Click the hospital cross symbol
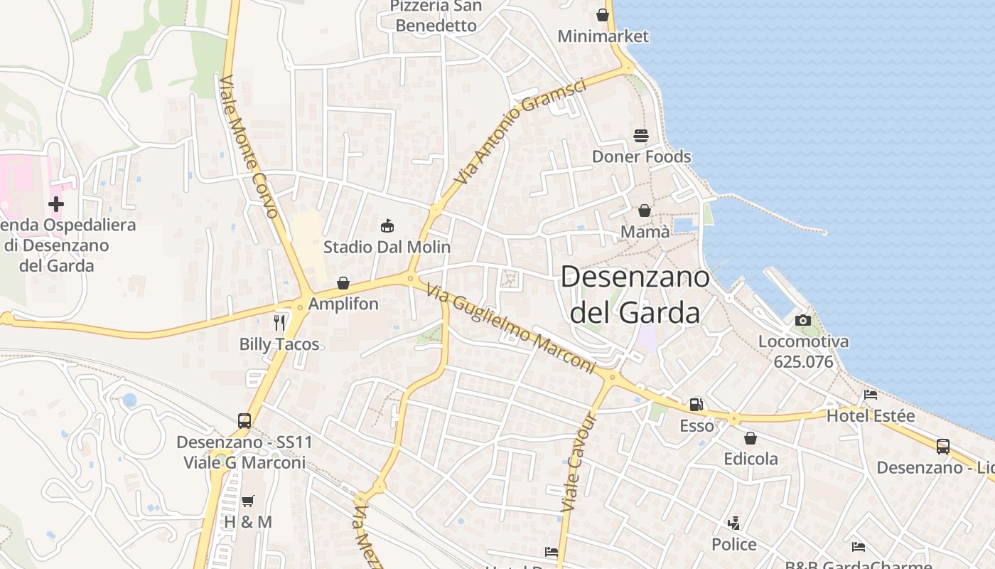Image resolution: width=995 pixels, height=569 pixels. click(55, 204)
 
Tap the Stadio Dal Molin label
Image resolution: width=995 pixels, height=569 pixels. click(387, 248)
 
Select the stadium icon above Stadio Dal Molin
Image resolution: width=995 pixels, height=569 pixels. click(387, 226)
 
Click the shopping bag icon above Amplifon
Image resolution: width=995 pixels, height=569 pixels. click(343, 283)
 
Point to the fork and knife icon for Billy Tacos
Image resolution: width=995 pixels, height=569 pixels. click(279, 323)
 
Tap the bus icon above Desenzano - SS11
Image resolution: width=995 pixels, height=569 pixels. click(244, 420)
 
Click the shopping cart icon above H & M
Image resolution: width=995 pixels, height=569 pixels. click(247, 501)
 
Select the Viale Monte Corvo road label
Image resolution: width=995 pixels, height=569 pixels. click(248, 146)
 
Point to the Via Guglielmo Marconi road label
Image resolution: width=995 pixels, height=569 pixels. click(510, 328)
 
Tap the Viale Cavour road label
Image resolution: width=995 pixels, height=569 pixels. click(580, 462)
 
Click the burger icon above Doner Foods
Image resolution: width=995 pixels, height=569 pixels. click(641, 135)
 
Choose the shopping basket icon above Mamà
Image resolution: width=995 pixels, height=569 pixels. click(645, 211)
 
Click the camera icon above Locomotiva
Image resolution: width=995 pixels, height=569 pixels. click(803, 320)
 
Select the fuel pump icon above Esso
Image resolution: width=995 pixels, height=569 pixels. click(696, 405)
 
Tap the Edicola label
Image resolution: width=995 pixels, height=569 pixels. click(751, 459)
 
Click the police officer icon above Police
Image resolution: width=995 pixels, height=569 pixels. click(733, 523)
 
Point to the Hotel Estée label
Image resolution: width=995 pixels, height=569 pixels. click(870, 415)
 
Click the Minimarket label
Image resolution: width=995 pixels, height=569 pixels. click(603, 36)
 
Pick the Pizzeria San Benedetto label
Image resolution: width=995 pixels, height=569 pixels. click(436, 16)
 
